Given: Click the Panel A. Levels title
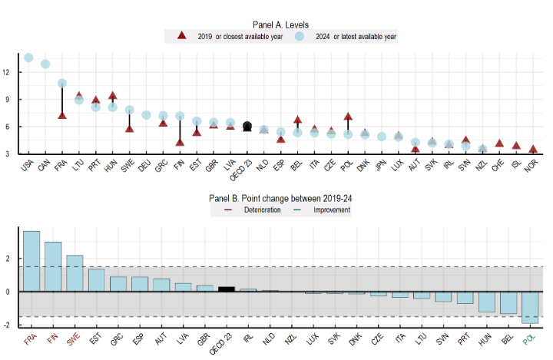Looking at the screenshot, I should (280, 25).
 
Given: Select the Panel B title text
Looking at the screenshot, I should (280, 198).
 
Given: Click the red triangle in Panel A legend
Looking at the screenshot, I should (181, 36).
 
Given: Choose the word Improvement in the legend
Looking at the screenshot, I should (329, 210).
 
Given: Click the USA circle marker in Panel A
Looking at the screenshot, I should (28, 58).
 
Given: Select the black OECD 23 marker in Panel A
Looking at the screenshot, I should (247, 127).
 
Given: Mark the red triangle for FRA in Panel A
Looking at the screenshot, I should (62, 115).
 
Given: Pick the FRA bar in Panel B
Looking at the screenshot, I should (31, 261).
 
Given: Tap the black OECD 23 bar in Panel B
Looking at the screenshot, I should (227, 289).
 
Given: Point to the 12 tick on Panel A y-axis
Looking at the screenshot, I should (6, 72).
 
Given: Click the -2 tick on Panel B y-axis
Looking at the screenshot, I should (6, 325).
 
